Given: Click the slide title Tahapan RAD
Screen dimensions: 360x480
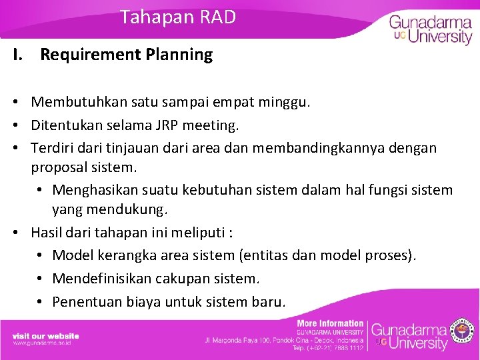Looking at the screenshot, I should (178, 17).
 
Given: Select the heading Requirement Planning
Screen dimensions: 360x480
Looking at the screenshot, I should (126, 55).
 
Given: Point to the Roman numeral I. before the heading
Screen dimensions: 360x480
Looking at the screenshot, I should (18, 55).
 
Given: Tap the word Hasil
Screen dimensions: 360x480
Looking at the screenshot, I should (47, 233).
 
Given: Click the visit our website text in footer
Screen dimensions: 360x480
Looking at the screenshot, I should (45, 335).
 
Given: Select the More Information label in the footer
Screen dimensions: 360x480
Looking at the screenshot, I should (330, 323).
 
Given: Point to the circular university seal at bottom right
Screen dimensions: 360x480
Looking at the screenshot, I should (463, 330).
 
